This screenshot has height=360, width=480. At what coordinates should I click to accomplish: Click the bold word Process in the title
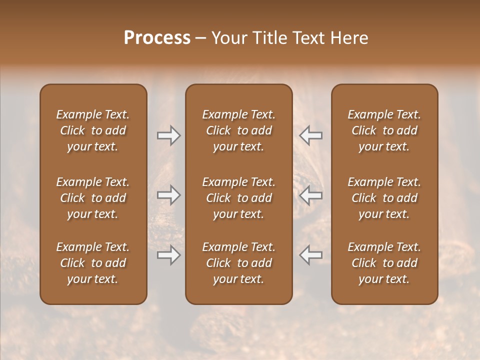(x=157, y=38)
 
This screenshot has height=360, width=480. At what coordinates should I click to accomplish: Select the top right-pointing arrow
(x=168, y=135)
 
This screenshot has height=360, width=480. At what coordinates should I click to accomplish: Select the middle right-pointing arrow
(x=168, y=195)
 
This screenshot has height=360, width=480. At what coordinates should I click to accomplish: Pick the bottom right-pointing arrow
(x=168, y=255)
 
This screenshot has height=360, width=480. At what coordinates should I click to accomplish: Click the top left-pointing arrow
(x=311, y=135)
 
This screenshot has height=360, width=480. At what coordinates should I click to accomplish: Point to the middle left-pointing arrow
(x=311, y=195)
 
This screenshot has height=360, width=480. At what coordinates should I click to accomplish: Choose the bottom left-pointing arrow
(x=311, y=255)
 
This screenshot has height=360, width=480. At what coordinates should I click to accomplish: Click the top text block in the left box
(x=93, y=130)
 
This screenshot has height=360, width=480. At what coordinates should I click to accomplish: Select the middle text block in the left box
(x=93, y=198)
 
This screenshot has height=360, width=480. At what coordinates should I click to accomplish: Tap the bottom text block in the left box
(x=93, y=263)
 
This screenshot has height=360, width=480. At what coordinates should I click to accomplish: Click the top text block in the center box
(x=238, y=130)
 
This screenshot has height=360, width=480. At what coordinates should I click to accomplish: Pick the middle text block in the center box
(x=238, y=198)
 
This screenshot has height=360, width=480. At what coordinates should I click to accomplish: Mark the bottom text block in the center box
(x=238, y=263)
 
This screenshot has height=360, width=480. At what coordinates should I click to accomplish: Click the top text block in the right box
(x=384, y=130)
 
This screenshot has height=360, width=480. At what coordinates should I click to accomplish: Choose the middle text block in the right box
(x=384, y=198)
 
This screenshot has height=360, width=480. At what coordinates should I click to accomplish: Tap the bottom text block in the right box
(x=384, y=263)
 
